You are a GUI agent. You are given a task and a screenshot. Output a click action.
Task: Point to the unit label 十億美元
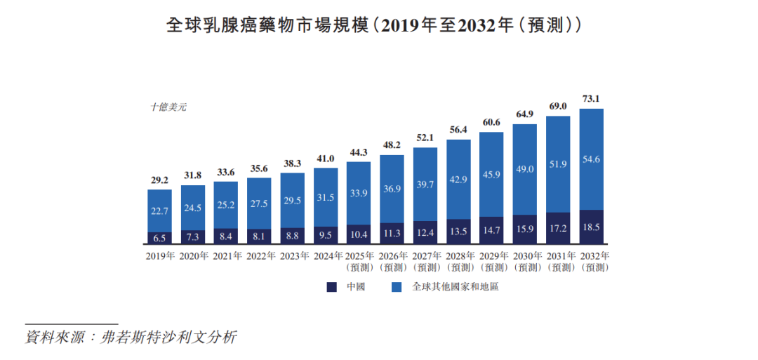click(168, 107)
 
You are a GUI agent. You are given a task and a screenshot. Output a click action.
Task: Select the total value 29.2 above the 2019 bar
click(159, 180)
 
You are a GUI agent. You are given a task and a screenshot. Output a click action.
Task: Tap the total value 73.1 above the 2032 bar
click(591, 98)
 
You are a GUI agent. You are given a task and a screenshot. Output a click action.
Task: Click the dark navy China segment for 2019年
click(159, 238)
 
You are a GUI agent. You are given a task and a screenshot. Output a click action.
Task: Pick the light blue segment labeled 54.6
click(591, 159)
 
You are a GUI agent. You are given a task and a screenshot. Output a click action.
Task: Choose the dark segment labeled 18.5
click(591, 227)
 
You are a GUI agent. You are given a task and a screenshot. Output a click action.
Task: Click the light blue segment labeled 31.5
click(326, 197)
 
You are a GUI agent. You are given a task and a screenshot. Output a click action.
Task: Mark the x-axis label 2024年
click(326, 256)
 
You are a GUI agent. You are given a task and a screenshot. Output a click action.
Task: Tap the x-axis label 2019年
click(159, 256)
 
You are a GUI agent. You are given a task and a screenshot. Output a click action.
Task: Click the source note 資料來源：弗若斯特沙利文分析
click(131, 337)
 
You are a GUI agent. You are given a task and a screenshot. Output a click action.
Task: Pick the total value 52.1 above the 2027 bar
click(425, 138)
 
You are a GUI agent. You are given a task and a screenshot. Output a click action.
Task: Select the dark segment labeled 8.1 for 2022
click(259, 236)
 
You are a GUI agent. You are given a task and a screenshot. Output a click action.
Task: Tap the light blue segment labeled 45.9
click(491, 174)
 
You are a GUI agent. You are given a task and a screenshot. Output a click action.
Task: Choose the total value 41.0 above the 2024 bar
click(326, 159)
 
